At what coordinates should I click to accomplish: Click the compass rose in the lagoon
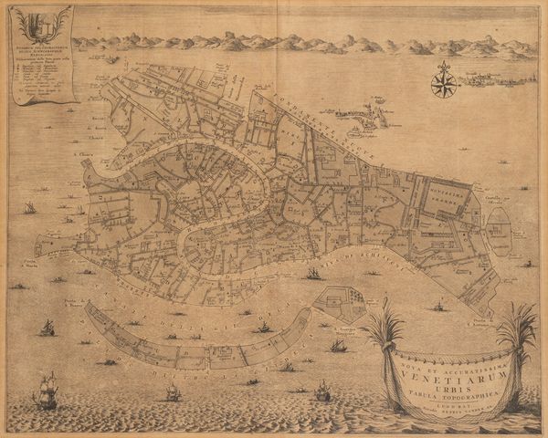click(x=445, y=83)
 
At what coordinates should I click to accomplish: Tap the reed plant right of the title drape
click(x=517, y=338)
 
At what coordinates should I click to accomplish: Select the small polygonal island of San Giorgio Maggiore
click(x=340, y=303)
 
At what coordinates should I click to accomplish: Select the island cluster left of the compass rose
click(x=365, y=116)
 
